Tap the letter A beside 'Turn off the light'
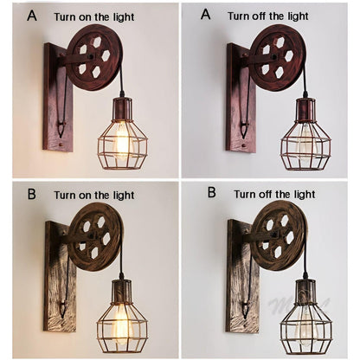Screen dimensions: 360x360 click(205, 15)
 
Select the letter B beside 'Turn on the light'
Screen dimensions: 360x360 click(31, 193)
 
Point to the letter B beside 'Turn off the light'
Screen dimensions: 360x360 click(211, 193)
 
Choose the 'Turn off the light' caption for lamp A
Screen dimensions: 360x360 click(267, 16)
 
